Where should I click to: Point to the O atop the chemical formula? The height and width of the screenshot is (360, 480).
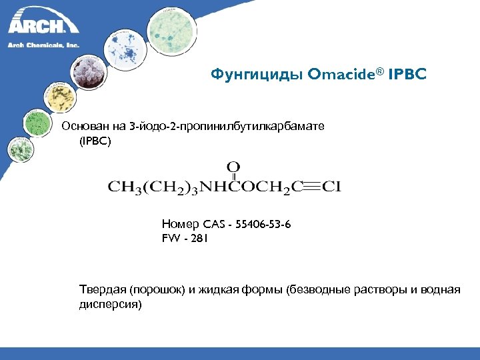(233, 166)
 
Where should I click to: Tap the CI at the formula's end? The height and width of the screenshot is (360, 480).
(331, 187)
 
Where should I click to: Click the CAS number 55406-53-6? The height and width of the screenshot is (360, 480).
(263, 225)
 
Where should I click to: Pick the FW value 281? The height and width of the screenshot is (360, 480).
(199, 237)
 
